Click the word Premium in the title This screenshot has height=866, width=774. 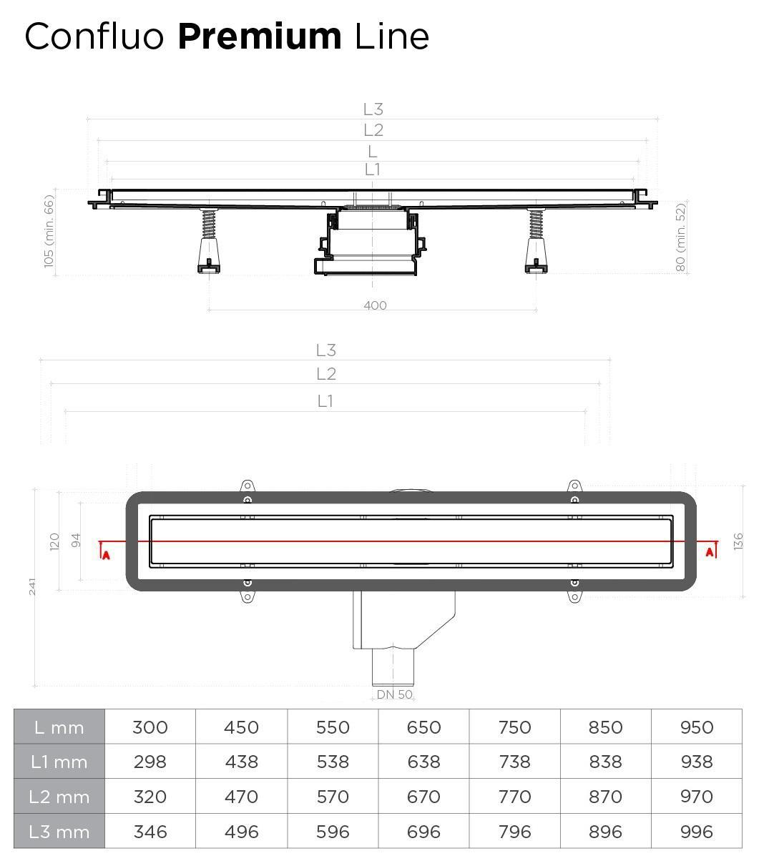click(x=260, y=37)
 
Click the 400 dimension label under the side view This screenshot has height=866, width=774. click(x=375, y=305)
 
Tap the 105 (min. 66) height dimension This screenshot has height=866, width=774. click(x=49, y=231)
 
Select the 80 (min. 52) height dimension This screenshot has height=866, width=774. click(x=680, y=237)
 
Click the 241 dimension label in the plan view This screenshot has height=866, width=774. click(x=32, y=586)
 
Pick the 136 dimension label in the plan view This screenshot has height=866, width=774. click(x=738, y=541)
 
